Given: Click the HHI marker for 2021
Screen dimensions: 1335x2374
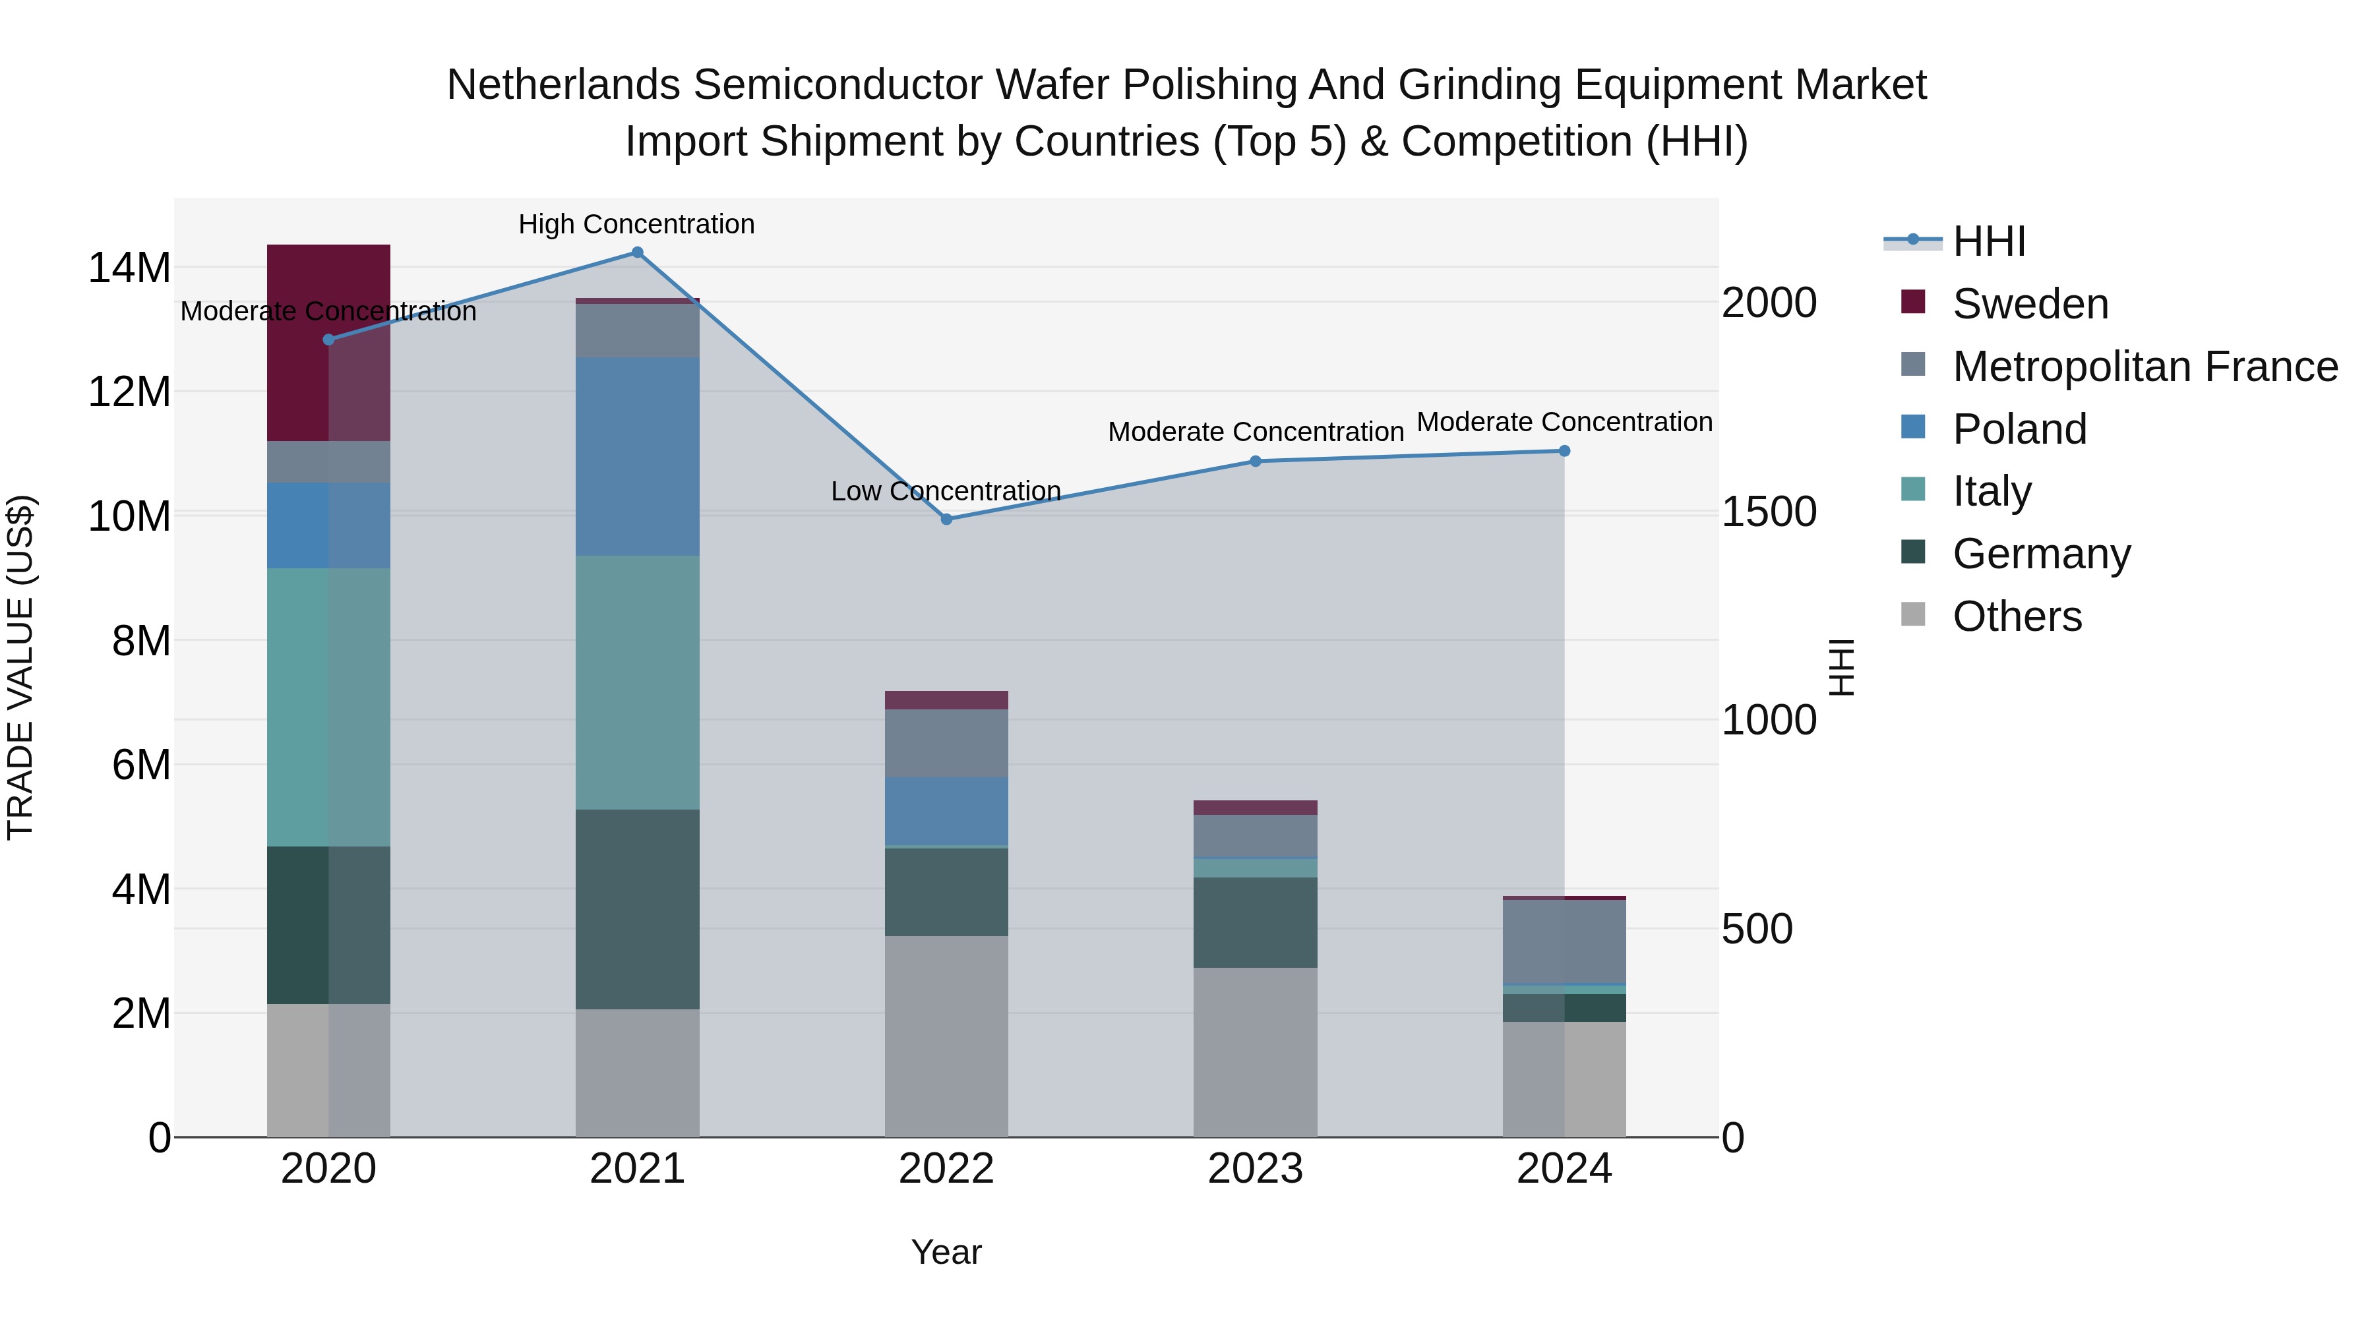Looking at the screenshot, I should click(x=637, y=252).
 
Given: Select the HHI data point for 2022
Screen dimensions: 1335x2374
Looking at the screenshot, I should click(x=946, y=519).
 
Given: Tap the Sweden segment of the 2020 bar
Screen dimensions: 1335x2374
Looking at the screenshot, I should click(x=328, y=343).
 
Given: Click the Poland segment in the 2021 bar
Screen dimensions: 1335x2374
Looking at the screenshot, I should click(x=637, y=457).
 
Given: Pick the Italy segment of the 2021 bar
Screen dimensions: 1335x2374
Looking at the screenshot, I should click(x=637, y=683).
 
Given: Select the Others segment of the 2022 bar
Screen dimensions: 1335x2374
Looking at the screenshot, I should click(x=946, y=1036).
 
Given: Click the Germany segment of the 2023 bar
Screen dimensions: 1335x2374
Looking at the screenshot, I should click(x=1255, y=922).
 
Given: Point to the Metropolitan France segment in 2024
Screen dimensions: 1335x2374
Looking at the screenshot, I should click(x=1564, y=943).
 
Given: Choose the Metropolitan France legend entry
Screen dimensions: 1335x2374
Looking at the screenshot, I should click(x=2144, y=367).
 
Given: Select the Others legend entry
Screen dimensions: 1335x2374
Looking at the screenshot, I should click(x=2017, y=616).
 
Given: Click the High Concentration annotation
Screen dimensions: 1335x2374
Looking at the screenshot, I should click(x=637, y=224).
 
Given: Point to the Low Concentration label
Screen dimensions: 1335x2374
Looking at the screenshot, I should click(x=946, y=491).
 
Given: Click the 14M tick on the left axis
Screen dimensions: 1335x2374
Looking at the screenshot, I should click(x=129, y=268).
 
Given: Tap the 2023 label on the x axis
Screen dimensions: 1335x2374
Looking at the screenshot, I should click(x=1255, y=1169).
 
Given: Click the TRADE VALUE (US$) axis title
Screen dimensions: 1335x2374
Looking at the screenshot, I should click(x=20, y=667).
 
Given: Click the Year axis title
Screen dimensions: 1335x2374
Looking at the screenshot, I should click(x=946, y=1252).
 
